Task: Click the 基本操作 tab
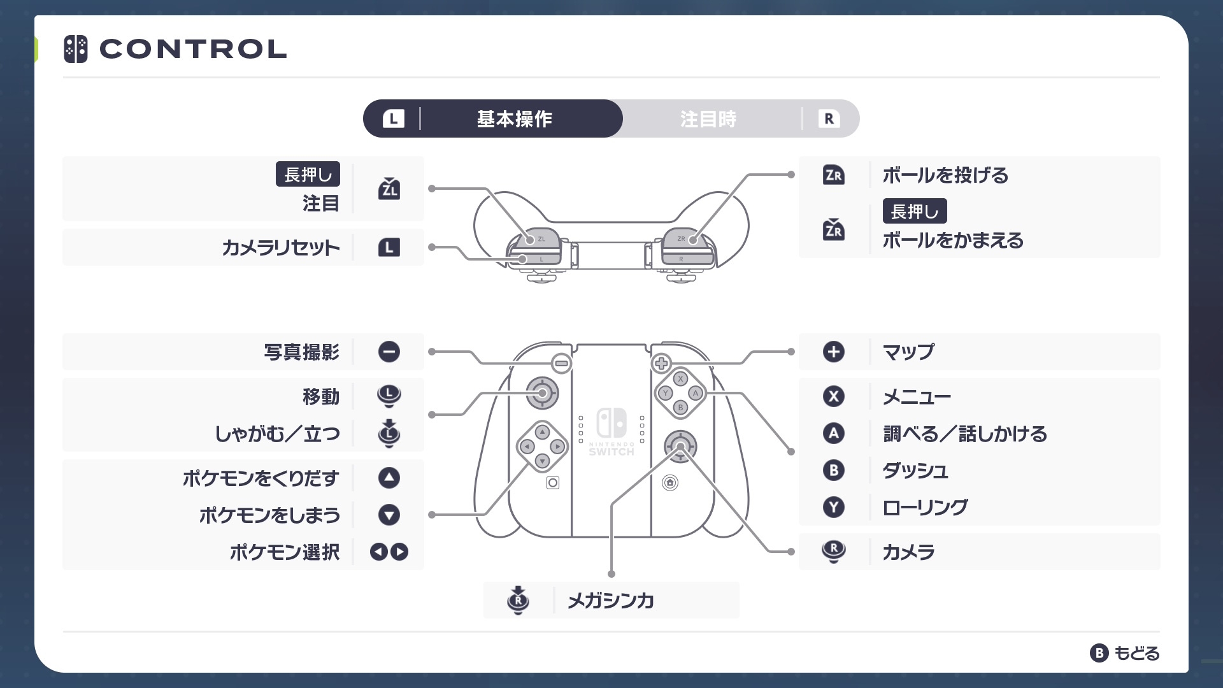(515, 119)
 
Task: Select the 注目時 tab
(708, 119)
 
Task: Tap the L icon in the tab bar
(393, 118)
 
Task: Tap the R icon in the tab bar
(829, 118)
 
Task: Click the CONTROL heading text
(193, 49)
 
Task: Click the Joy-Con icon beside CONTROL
(76, 49)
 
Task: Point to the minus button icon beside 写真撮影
(389, 352)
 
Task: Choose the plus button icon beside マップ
(833, 352)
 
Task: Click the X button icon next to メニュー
(833, 396)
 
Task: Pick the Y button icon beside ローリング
(833, 507)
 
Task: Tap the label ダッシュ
(915, 471)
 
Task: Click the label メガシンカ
(610, 600)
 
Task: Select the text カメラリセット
(280, 248)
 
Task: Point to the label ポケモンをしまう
(269, 515)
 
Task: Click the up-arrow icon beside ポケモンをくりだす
(389, 478)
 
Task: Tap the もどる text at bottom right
(1136, 653)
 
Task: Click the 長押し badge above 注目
(308, 174)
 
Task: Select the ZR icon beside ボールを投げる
(833, 175)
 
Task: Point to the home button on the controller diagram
(670, 483)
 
